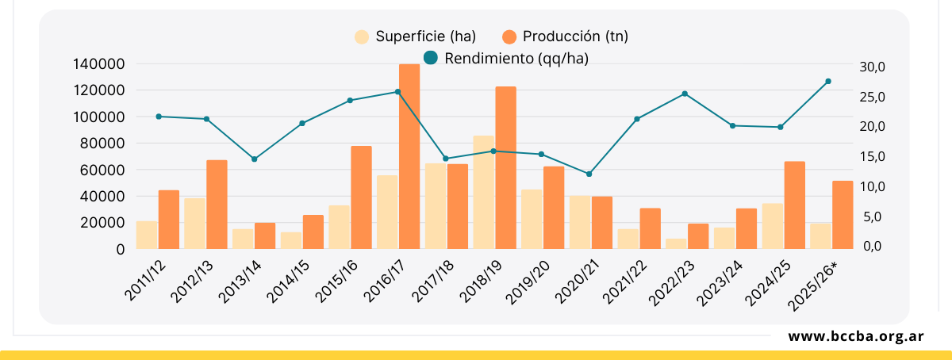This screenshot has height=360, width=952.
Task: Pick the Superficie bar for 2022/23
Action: tap(676, 243)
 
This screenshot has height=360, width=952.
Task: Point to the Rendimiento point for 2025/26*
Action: tap(828, 81)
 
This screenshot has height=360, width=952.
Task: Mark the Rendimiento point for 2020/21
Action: tap(589, 174)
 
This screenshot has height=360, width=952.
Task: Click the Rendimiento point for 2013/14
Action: tap(254, 159)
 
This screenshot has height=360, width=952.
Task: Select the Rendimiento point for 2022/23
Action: tap(685, 94)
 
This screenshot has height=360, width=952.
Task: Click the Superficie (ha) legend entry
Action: tap(416, 36)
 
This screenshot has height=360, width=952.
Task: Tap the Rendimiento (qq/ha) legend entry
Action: tap(507, 58)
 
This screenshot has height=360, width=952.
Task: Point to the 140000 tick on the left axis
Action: tap(98, 64)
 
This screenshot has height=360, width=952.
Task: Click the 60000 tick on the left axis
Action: tap(102, 170)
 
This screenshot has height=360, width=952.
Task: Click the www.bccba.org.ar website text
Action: tap(855, 336)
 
